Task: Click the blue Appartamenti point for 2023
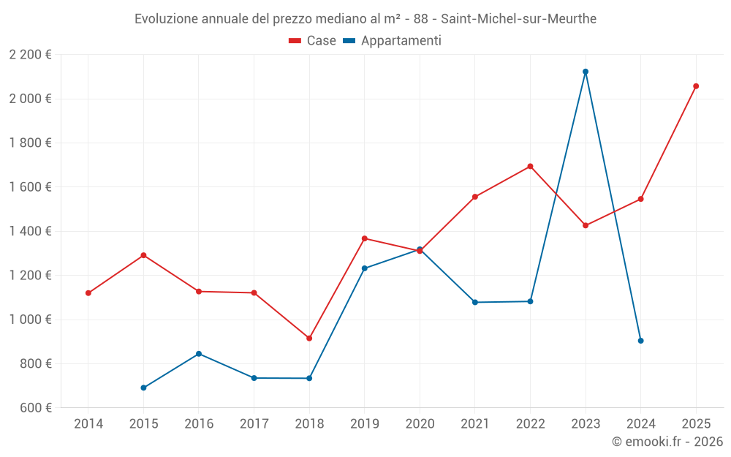point(586,72)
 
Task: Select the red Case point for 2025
point(696,86)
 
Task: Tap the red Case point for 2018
point(309,339)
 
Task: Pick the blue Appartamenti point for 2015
point(143,388)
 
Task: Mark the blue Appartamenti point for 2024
point(641,341)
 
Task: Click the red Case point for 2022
point(530,166)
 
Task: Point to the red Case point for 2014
point(88,293)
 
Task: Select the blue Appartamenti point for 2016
point(199,354)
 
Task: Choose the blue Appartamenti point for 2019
point(365,268)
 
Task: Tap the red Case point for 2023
point(586,225)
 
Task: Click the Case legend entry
point(313,41)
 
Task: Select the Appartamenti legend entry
point(393,41)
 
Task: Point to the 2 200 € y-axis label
point(30,55)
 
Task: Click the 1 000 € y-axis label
point(30,320)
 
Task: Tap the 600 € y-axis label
point(34,408)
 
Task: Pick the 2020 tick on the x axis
point(420,424)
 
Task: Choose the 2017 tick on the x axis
point(254,424)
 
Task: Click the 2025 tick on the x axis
point(696,424)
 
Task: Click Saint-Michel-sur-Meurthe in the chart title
point(518,19)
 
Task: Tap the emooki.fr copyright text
point(667,442)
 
